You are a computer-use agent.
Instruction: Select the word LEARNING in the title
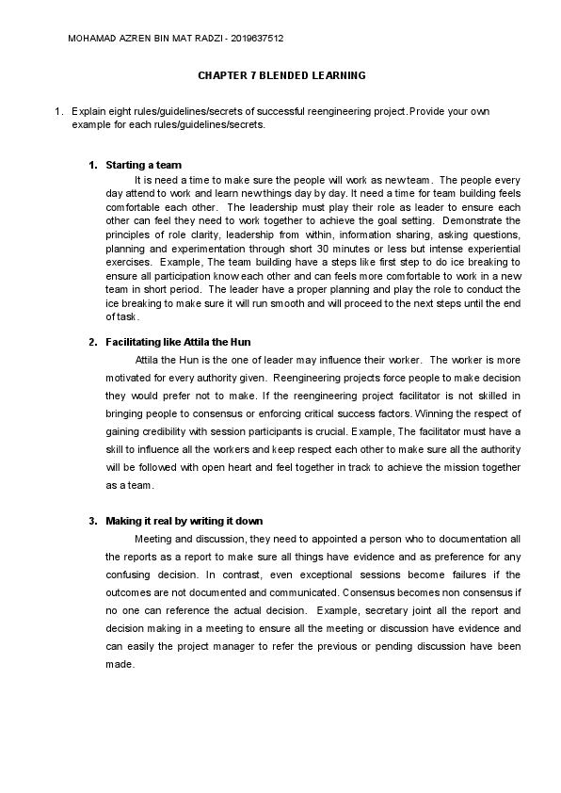pyautogui.click(x=338, y=74)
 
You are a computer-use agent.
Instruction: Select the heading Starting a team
pyautogui.click(x=143, y=165)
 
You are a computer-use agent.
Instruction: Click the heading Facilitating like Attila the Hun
pyautogui.click(x=178, y=341)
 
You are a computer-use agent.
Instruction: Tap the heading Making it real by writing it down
pyautogui.click(x=184, y=521)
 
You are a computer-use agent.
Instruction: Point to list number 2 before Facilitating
pyautogui.click(x=92, y=341)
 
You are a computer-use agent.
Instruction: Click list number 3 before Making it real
pyautogui.click(x=92, y=521)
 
